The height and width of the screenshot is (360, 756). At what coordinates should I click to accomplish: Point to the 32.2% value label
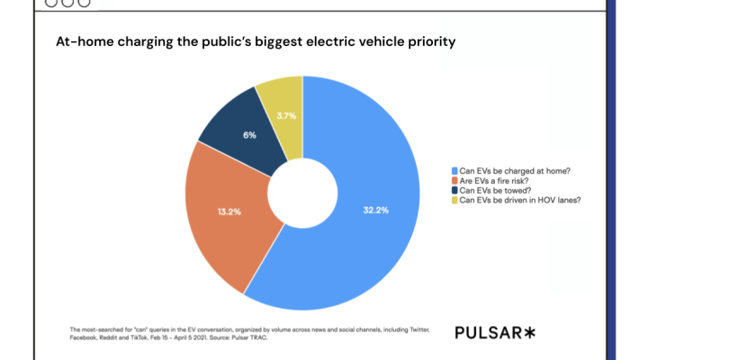[375, 210]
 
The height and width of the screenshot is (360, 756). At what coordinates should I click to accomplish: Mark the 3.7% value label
[286, 116]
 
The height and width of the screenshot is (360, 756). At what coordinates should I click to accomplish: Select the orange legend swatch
[454, 181]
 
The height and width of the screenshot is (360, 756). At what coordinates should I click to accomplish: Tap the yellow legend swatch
[454, 201]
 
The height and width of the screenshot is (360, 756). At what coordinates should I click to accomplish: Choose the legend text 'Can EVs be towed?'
[496, 191]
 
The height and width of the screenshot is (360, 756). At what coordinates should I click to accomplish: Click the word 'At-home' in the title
[86, 41]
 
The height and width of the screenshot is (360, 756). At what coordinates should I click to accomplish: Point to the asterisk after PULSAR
[529, 332]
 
